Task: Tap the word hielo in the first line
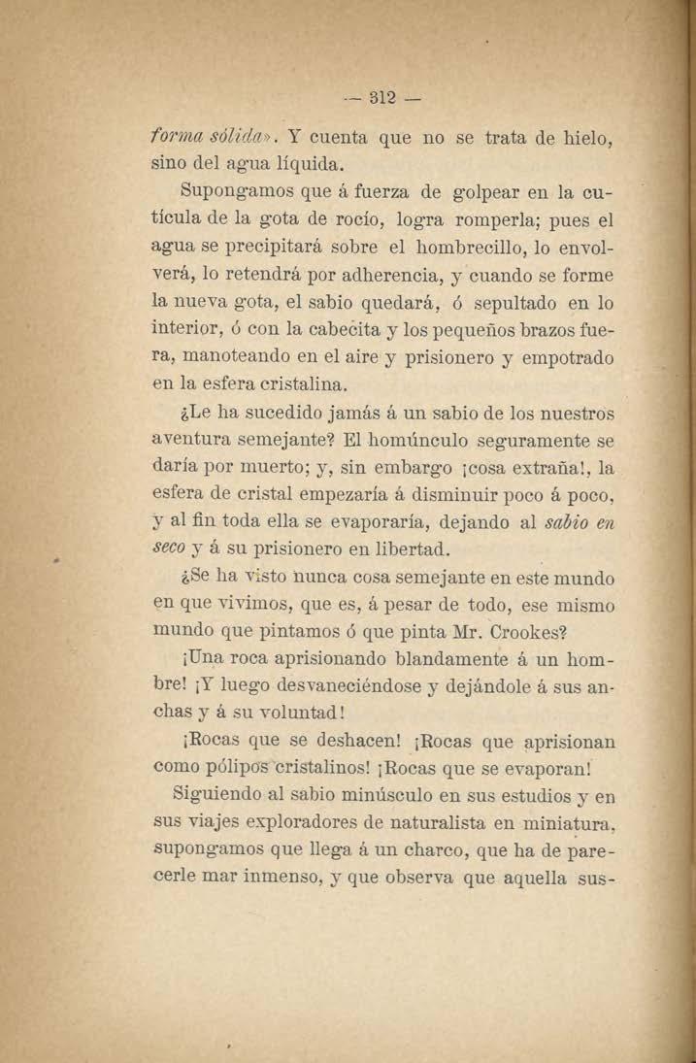click(x=580, y=138)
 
